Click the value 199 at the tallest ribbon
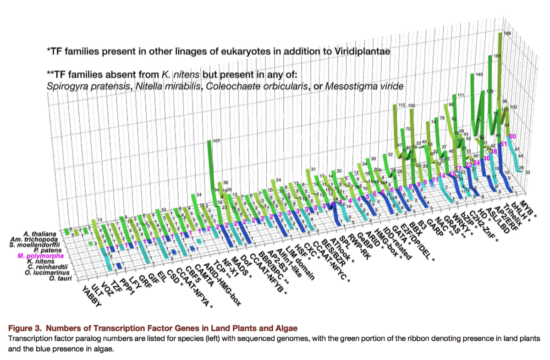(x=507, y=33)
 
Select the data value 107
(x=217, y=141)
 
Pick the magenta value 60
(x=513, y=136)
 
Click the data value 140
(x=479, y=74)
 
